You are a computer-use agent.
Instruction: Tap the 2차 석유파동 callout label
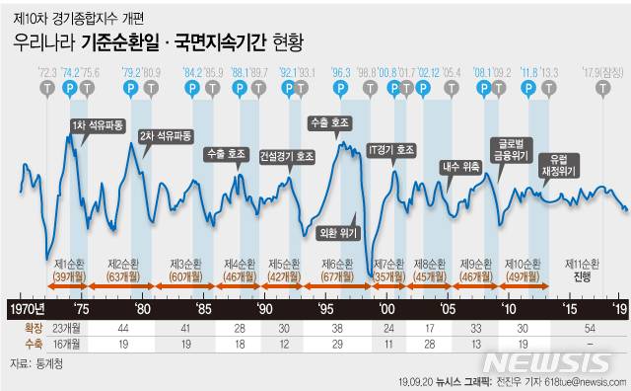(165, 134)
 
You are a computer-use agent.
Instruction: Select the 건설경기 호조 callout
(287, 156)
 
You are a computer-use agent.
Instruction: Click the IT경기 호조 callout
(390, 151)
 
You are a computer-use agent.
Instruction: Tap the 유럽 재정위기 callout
(564, 163)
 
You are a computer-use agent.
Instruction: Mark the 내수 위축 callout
(458, 165)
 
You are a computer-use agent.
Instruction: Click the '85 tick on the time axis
(205, 308)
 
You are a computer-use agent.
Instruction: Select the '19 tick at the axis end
(618, 308)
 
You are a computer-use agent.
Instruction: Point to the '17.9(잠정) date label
(604, 71)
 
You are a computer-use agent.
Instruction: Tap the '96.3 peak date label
(342, 71)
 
